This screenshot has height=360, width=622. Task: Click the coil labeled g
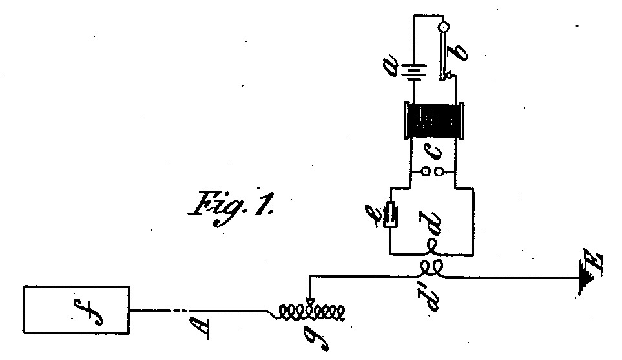(311, 313)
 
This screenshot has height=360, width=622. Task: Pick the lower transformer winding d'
(431, 268)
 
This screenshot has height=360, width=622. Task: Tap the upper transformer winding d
(431, 248)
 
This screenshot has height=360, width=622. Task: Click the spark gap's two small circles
(432, 173)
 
